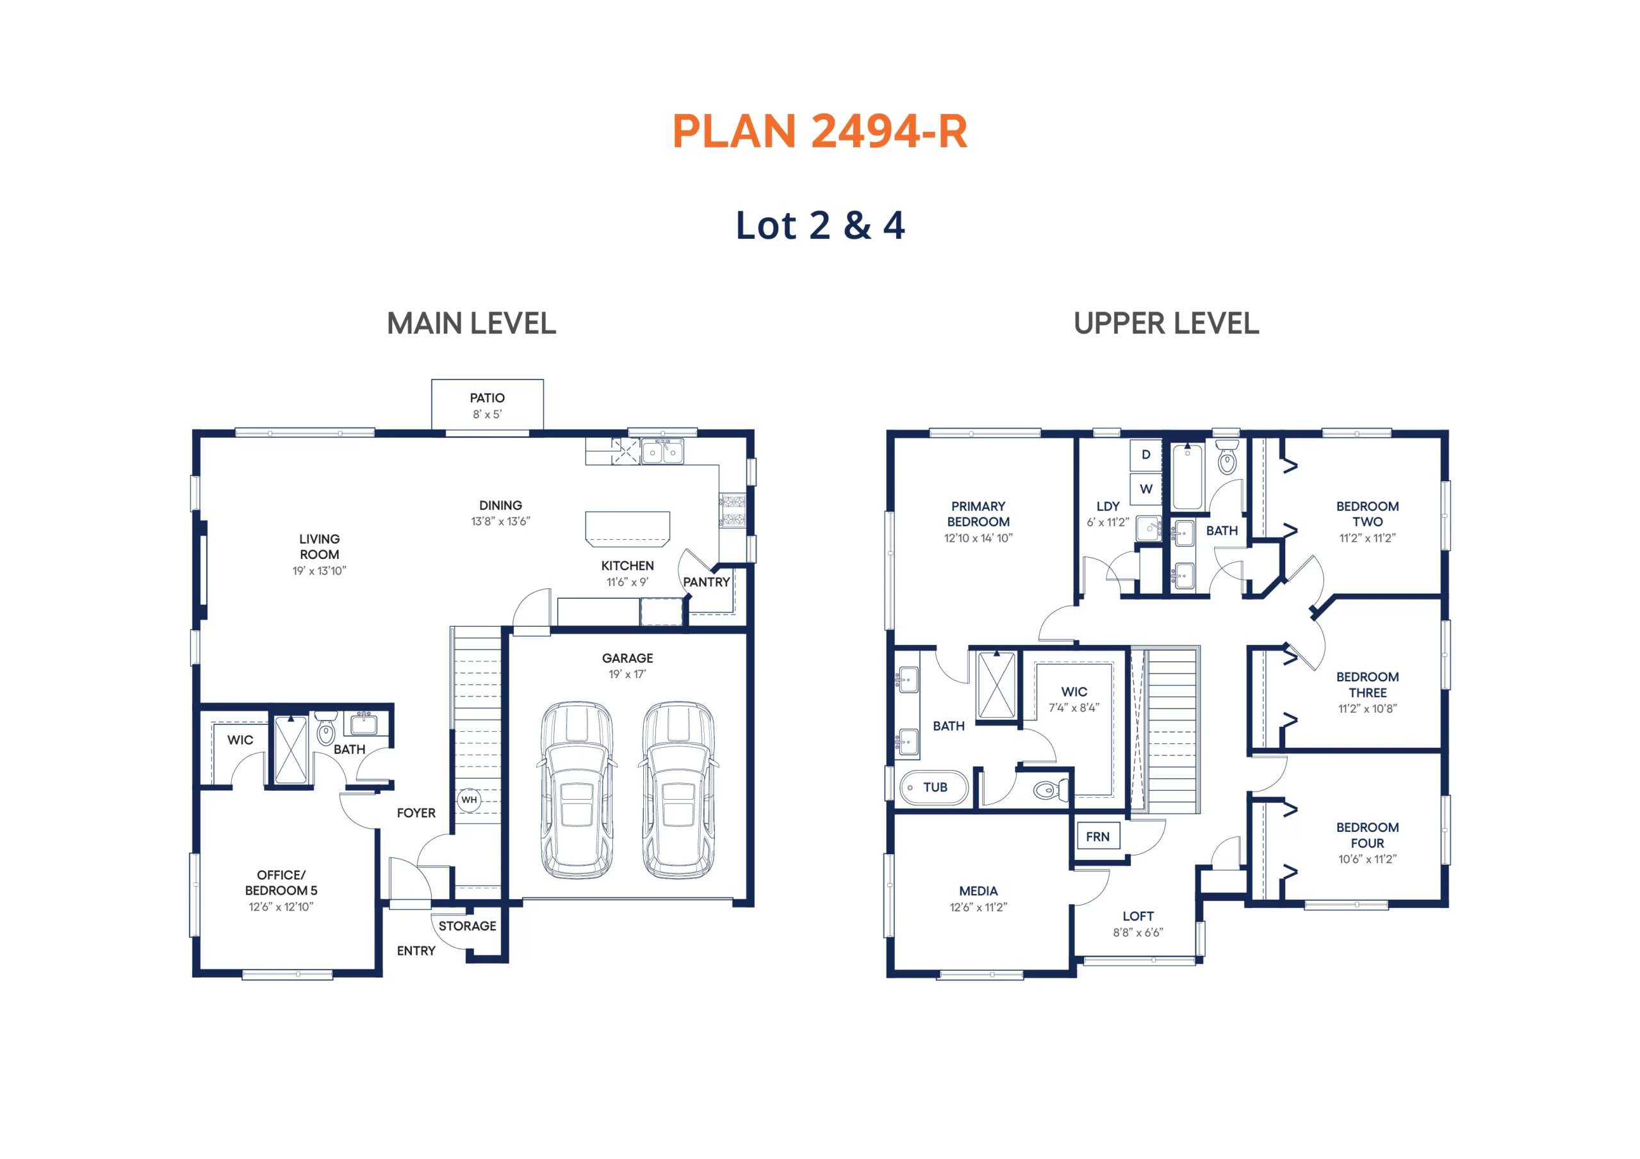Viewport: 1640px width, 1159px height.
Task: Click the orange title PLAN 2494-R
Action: tap(819, 131)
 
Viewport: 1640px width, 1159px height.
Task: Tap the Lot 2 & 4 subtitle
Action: tap(820, 225)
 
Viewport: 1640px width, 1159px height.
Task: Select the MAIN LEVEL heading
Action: tap(471, 323)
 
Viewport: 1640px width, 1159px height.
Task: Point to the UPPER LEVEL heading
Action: tap(1167, 323)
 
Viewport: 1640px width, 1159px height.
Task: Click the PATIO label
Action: tap(487, 398)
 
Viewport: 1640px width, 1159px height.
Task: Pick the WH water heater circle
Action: tap(470, 800)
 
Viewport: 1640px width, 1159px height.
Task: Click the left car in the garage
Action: tap(577, 790)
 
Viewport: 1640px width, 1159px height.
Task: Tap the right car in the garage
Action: tap(678, 790)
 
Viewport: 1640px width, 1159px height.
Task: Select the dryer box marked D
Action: tap(1145, 455)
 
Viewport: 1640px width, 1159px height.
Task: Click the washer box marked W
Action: tap(1145, 489)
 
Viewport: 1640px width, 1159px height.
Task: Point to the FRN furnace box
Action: tap(1098, 836)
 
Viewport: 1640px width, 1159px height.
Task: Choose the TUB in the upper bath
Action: tap(933, 788)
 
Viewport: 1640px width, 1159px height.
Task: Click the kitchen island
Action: tap(628, 528)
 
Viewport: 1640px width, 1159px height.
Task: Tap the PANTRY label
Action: tap(707, 582)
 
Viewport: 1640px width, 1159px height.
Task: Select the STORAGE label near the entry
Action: tap(467, 926)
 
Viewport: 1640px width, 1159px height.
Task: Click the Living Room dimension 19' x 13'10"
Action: tap(319, 571)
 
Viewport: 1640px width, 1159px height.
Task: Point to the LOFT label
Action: tap(1138, 916)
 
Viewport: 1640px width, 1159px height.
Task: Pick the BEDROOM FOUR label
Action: tap(1367, 836)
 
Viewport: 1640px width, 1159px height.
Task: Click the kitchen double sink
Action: tap(662, 451)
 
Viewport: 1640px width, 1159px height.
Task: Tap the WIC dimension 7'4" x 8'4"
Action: tap(1074, 708)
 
